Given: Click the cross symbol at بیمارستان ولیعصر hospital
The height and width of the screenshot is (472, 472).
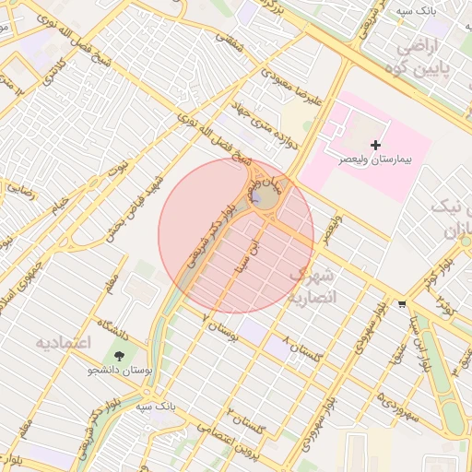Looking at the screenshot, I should pos(375,145).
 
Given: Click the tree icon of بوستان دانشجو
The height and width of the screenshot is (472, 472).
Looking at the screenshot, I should pos(120,356).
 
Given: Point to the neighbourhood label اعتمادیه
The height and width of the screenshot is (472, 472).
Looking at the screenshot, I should pos(65,343).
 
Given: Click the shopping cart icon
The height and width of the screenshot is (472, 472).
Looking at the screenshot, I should pos(401,303).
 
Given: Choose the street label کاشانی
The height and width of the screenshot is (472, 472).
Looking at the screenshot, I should pos(48,62).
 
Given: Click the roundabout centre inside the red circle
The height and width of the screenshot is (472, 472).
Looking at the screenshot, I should pos(265,198).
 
